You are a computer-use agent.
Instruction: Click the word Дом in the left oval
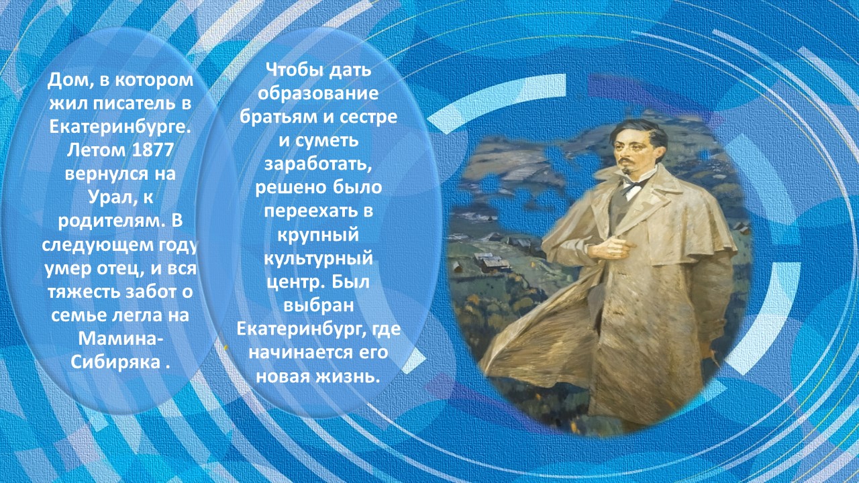66,80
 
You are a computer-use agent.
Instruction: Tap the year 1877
152,150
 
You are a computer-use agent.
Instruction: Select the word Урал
109,197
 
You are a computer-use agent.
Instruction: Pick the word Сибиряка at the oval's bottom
115,362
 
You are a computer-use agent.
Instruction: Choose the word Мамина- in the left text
120,339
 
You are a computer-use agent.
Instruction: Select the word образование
318,93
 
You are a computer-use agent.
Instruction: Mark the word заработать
318,164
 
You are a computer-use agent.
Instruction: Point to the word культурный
318,258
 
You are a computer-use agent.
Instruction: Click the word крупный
318,235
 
